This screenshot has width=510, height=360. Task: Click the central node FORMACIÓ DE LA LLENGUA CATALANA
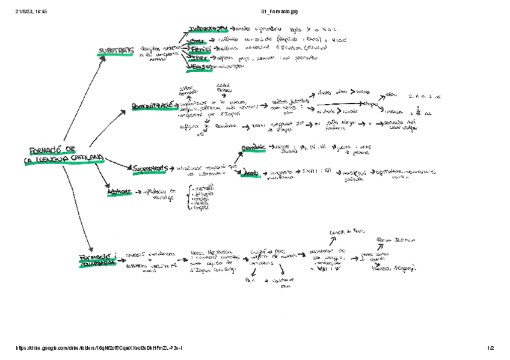coord(65,154)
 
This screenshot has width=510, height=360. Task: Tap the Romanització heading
coord(155,106)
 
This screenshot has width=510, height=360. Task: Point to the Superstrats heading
coord(150,168)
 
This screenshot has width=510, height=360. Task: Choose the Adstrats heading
coord(119,192)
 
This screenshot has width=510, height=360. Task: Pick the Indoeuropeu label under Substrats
coord(209,29)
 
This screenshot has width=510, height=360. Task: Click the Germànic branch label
coord(253,148)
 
